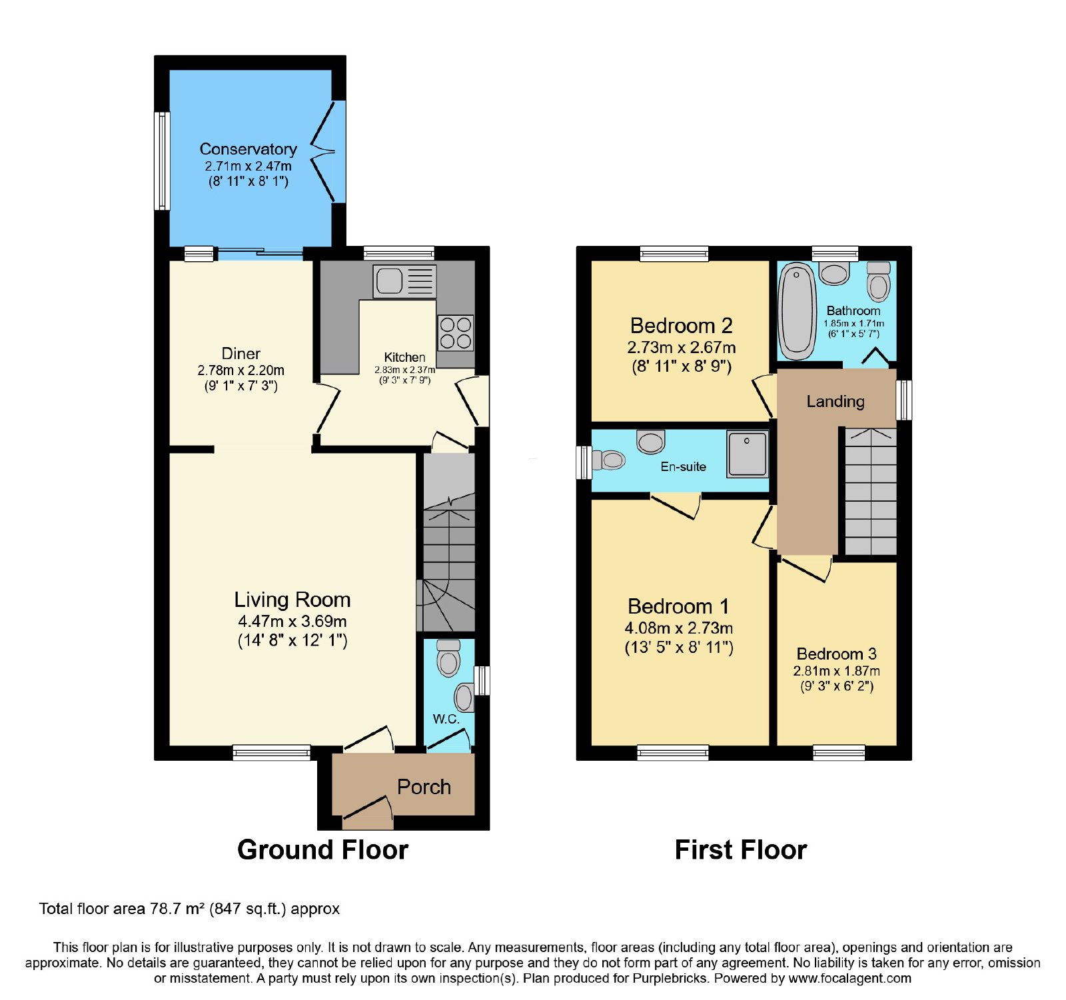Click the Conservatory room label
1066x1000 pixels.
pyautogui.click(x=248, y=149)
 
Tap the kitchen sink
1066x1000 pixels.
pyautogui.click(x=405, y=281)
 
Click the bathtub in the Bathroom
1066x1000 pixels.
pyautogui.click(x=797, y=311)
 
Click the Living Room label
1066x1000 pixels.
pyautogui.click(x=292, y=600)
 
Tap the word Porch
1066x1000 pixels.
pyautogui.click(x=424, y=787)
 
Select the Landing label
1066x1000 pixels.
pyautogui.click(x=835, y=401)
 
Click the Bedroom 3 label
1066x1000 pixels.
pyautogui.click(x=837, y=654)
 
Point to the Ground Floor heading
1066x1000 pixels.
pyautogui.click(x=323, y=850)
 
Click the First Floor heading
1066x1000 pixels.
pyautogui.click(x=741, y=850)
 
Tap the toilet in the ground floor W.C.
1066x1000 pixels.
pyautogui.click(x=448, y=658)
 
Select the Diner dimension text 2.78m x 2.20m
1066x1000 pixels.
pyautogui.click(x=241, y=370)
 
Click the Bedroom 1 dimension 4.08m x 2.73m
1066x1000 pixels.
pyautogui.click(x=679, y=628)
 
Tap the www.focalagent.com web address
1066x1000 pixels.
pyautogui.click(x=849, y=979)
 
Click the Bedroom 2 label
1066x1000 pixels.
pyautogui.click(x=682, y=326)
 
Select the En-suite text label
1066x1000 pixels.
pyautogui.click(x=684, y=466)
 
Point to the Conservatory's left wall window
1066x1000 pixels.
pyautogui.click(x=162, y=161)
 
